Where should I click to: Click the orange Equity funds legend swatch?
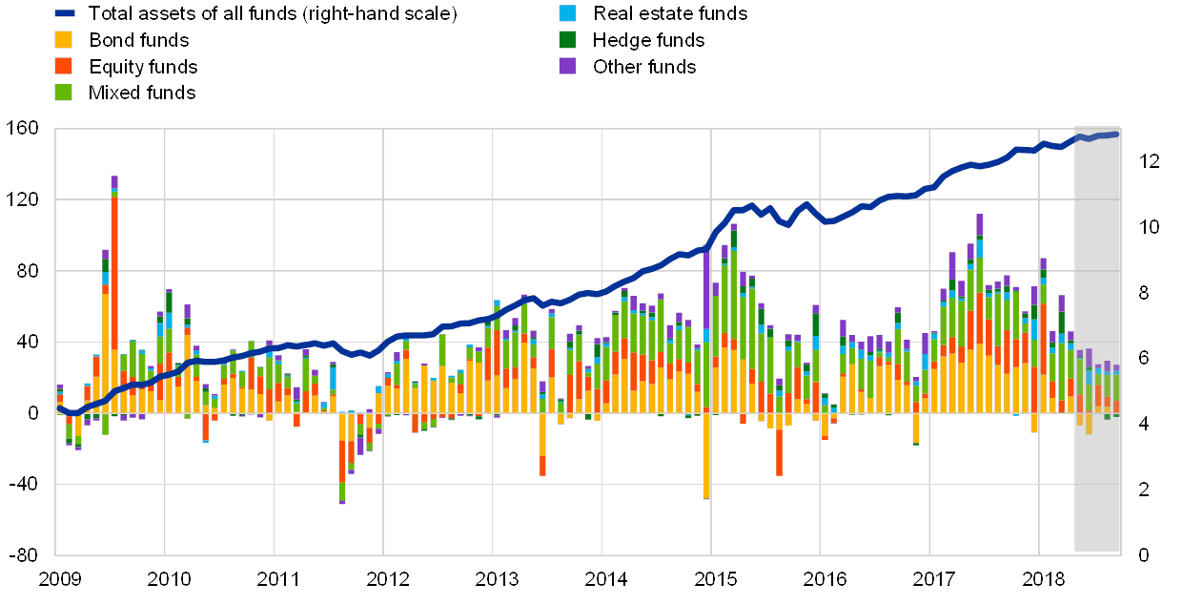point(63,66)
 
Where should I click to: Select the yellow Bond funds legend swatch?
point(63,40)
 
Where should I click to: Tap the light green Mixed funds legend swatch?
point(63,92)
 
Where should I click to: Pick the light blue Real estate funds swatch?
point(567,13)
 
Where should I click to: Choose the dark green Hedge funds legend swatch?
point(567,40)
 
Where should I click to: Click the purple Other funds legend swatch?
point(567,66)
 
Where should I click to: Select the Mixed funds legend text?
point(143,93)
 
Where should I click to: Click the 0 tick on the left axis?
point(33,413)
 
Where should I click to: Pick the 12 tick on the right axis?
point(1148,161)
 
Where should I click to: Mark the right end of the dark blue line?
point(1116,134)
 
